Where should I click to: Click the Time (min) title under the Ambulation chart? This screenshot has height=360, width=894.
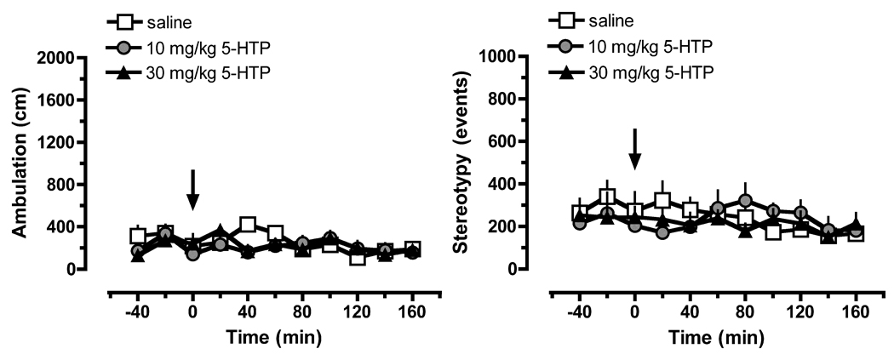click(275, 336)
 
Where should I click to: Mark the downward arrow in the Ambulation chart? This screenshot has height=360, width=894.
click(192, 189)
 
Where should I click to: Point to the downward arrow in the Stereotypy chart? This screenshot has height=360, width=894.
click(634, 149)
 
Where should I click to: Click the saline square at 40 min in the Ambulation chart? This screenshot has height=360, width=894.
click(248, 225)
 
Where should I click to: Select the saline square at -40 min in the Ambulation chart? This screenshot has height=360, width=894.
click(138, 236)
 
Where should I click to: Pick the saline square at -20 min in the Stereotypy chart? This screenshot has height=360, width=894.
click(607, 197)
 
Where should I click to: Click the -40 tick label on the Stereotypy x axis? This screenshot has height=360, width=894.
click(578, 311)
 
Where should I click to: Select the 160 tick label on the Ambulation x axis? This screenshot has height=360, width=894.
click(412, 311)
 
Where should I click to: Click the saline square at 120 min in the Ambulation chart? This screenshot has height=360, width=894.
click(358, 256)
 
